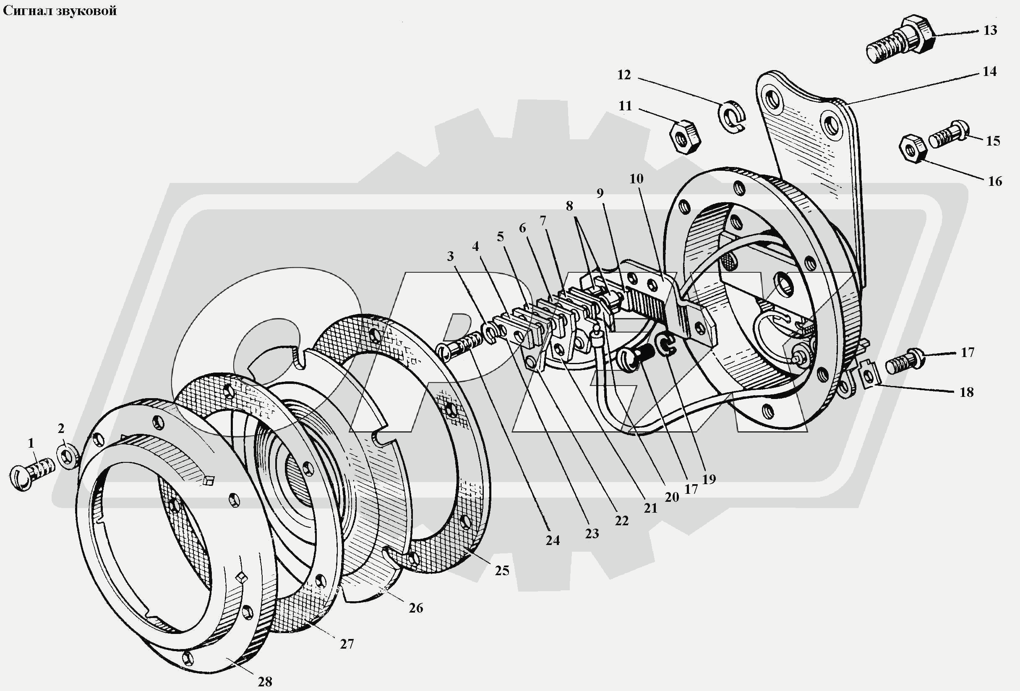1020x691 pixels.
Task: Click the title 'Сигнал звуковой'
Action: (60, 10)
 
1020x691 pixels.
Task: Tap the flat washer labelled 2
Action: (68, 457)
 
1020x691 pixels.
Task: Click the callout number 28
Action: (265, 681)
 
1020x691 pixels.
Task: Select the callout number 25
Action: (502, 570)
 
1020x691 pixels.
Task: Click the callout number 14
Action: (989, 71)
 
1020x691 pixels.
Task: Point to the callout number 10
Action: (636, 179)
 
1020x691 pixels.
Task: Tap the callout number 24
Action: (553, 540)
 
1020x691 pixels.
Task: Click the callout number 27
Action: (347, 644)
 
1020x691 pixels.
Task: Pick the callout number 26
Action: (416, 608)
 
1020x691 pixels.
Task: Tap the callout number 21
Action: (650, 508)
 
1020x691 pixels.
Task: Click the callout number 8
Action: (569, 206)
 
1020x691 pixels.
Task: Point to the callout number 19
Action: (709, 480)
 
